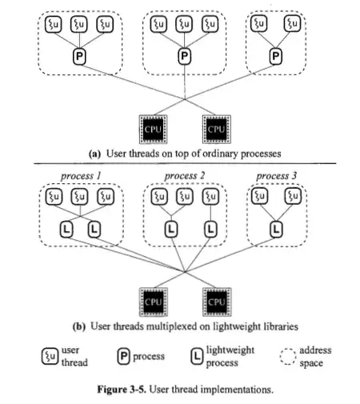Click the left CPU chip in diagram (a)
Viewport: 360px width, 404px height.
coord(151,129)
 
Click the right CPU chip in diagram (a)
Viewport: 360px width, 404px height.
coord(215,129)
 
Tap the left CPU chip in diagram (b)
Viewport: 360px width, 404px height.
coord(151,302)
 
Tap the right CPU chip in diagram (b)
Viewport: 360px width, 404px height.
coord(215,302)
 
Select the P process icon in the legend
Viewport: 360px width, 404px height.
coord(123,356)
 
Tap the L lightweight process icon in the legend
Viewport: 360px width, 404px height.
coord(196,356)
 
